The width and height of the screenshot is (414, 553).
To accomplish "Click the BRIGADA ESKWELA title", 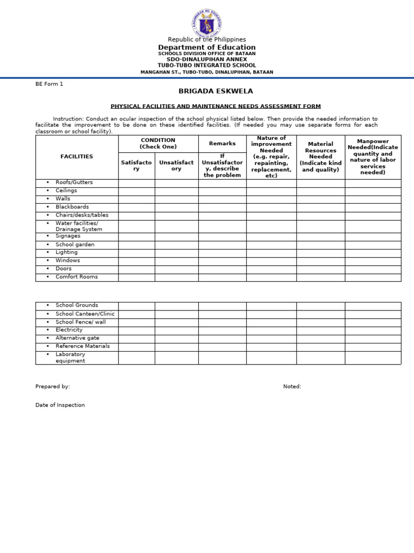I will [208, 91].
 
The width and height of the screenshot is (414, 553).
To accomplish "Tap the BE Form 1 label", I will [50, 84].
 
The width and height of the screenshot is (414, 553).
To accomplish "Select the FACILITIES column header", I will [77, 157].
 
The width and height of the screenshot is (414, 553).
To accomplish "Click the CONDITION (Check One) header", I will [158, 143].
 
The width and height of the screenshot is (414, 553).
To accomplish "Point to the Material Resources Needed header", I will [320, 157].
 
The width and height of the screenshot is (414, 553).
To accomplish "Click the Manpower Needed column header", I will [373, 157].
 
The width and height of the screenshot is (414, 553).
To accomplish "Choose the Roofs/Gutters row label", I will [74, 183].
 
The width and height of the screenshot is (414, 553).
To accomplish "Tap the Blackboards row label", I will [72, 207].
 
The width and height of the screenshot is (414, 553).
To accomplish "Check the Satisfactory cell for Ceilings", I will [136, 191].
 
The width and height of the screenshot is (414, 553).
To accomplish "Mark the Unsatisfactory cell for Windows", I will [176, 260].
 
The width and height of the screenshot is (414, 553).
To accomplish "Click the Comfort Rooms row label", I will [77, 277].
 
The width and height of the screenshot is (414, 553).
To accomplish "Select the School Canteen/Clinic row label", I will [85, 314].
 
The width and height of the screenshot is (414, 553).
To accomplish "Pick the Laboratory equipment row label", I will [70, 358].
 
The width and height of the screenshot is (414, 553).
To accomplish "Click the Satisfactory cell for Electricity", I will [136, 330].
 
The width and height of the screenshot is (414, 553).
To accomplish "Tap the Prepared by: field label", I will [53, 387].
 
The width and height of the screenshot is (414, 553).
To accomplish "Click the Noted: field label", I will [292, 387].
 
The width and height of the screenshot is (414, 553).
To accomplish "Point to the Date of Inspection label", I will [60, 405].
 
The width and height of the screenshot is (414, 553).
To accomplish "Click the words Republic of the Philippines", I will [207, 39].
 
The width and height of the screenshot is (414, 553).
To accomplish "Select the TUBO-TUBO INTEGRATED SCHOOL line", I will [207, 65].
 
